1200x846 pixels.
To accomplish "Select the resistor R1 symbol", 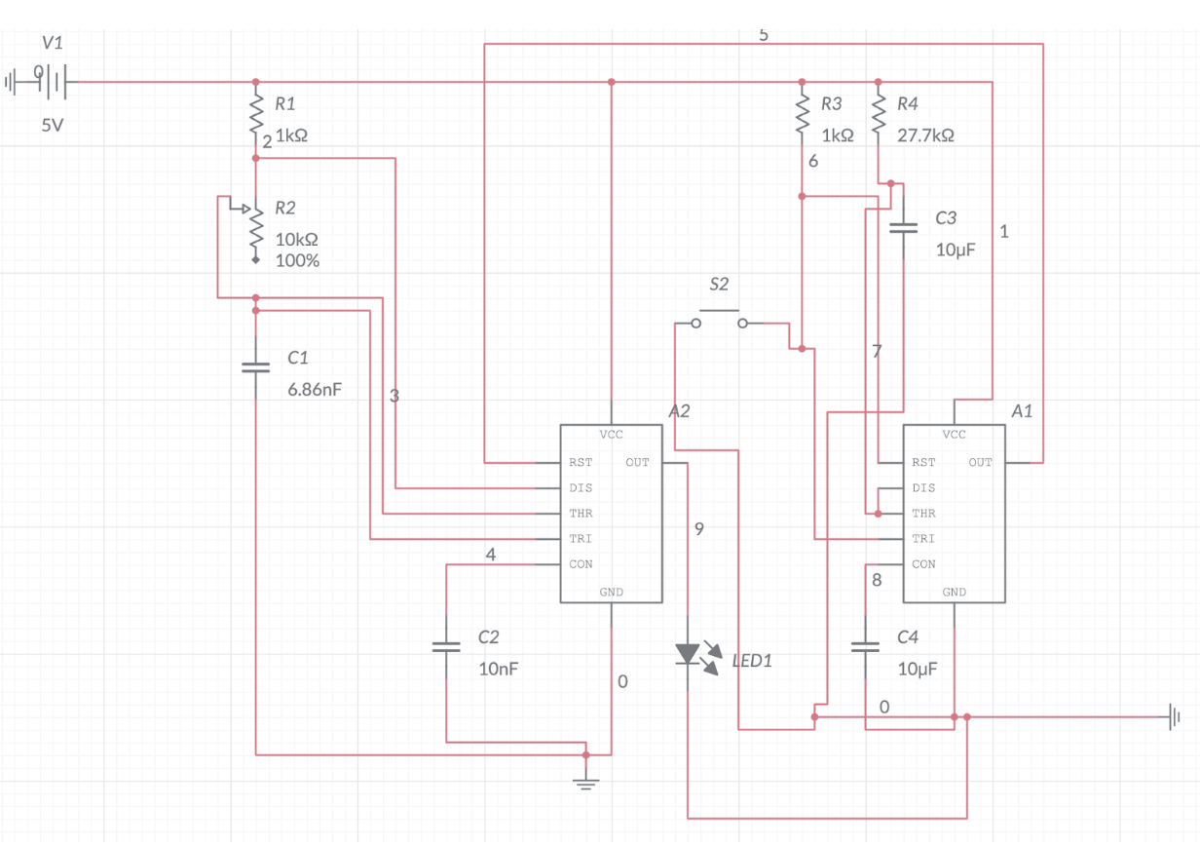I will point(255,113).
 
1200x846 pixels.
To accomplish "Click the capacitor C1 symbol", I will point(255,367).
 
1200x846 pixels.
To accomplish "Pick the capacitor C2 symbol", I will point(446,646).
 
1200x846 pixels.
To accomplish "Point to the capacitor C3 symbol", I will point(904,228).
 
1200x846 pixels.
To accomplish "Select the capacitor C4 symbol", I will point(865,646).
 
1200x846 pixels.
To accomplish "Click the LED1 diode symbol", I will point(690,654).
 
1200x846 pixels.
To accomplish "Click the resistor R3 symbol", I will point(802,113).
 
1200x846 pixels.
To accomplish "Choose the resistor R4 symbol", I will point(878,113).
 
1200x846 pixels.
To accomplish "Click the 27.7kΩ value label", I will point(924,136).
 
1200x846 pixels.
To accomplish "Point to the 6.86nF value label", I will point(315,390).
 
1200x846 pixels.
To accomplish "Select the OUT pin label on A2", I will point(637,463).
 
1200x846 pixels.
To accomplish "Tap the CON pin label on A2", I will point(581,564).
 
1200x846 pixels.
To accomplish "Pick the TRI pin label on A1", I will point(922,539).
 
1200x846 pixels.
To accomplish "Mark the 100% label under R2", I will point(297,261).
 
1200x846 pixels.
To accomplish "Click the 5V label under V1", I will point(53,126).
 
